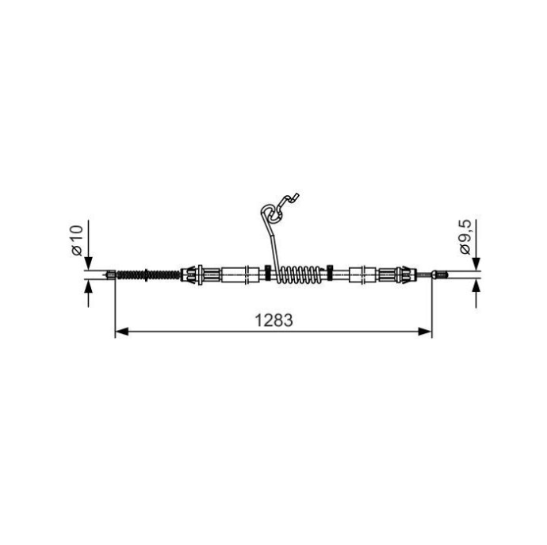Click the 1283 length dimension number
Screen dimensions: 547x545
[273, 320]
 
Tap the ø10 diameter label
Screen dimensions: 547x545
[77, 240]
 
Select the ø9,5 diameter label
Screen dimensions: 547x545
[465, 237]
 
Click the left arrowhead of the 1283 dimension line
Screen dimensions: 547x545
[122, 332]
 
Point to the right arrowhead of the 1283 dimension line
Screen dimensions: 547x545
[425, 332]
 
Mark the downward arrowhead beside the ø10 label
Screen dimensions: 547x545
[89, 263]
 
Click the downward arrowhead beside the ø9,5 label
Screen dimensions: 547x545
[476, 263]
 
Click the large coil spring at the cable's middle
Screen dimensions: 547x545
[299, 274]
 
